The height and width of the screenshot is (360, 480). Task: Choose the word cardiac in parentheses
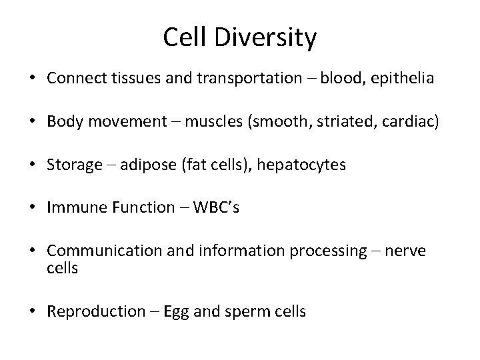click(x=413, y=122)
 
